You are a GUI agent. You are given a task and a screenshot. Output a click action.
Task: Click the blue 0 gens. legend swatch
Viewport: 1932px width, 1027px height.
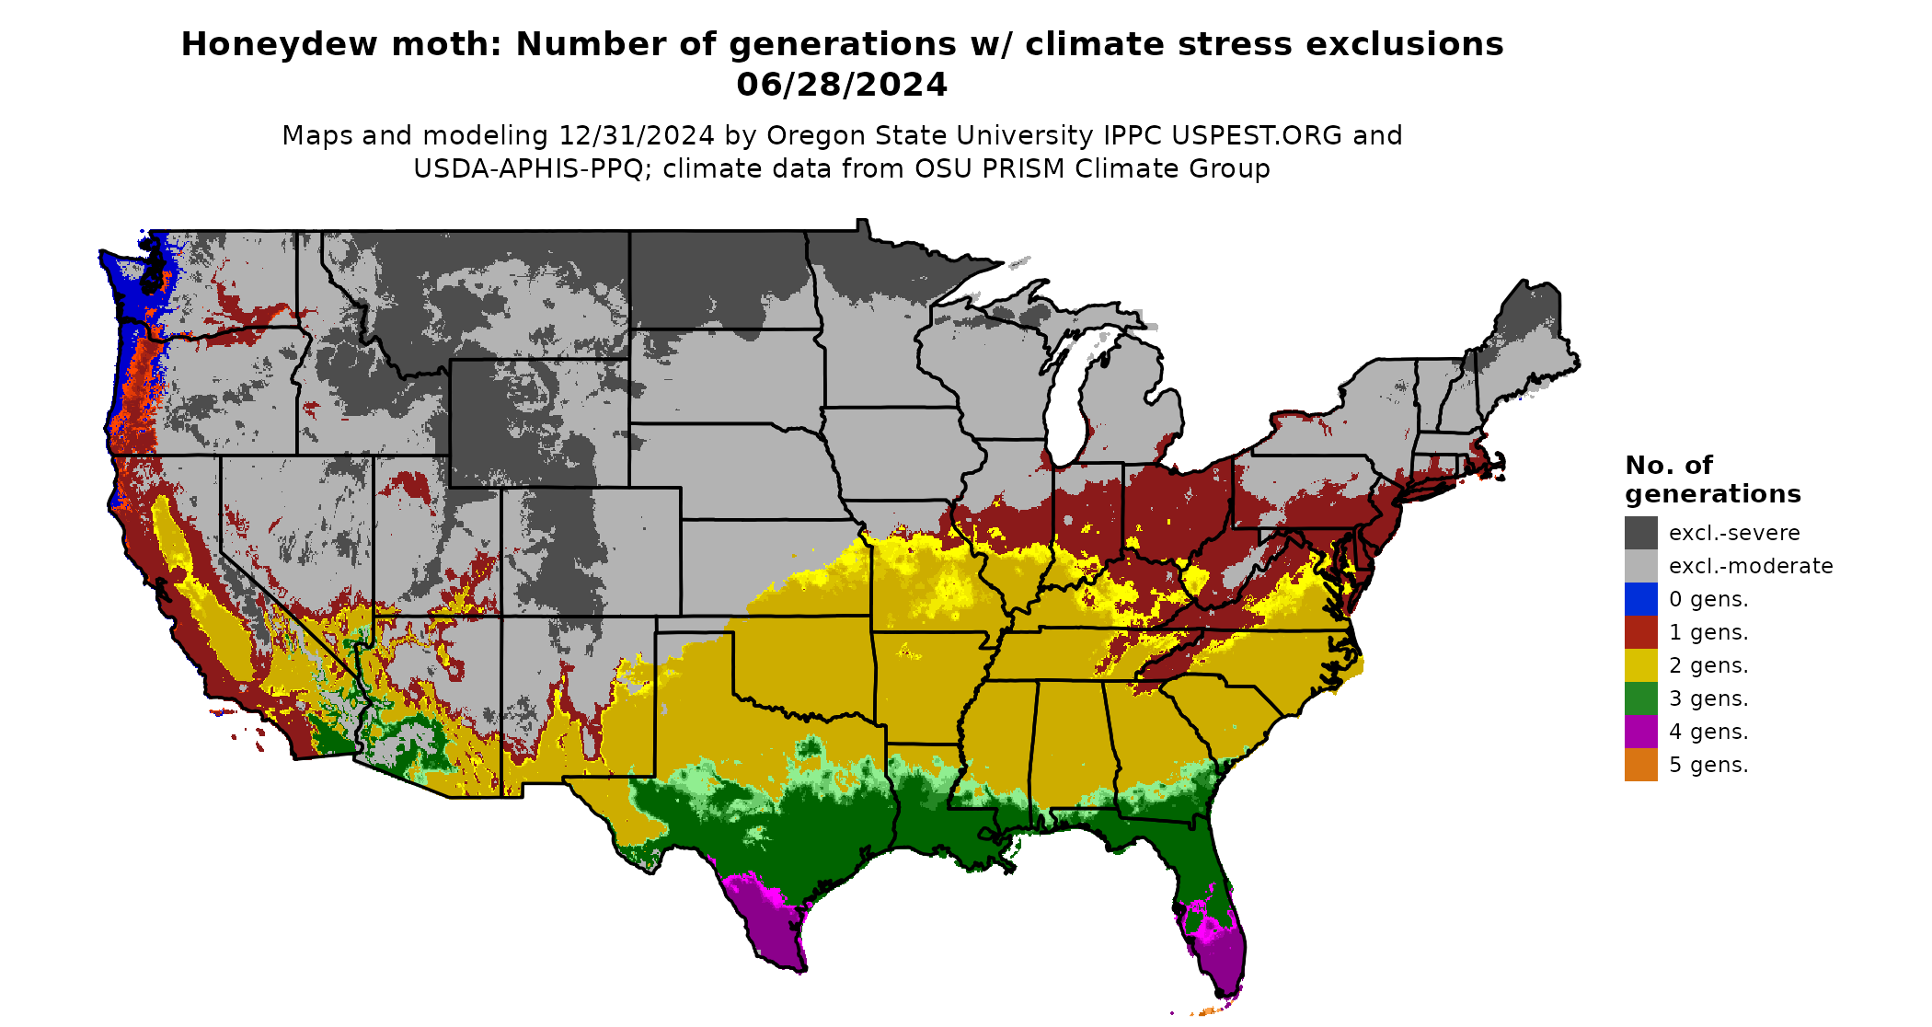click(x=1640, y=599)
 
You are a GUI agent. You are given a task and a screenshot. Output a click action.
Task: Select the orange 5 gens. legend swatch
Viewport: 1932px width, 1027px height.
click(x=1640, y=765)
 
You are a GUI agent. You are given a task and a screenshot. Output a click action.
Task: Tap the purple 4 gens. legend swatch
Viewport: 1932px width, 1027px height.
click(x=1640, y=732)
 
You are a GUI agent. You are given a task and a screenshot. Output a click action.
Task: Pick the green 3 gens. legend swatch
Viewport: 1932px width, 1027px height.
click(x=1640, y=698)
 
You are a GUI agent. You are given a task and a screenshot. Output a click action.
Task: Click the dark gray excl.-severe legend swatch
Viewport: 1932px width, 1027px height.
click(x=1640, y=533)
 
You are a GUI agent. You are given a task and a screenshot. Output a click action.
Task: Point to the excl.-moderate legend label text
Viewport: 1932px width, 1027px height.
click(x=1750, y=566)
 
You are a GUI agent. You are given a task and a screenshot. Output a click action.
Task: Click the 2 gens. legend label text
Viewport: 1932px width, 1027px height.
click(x=1708, y=665)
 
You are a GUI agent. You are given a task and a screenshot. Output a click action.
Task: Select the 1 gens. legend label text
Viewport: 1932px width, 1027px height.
click(x=1708, y=632)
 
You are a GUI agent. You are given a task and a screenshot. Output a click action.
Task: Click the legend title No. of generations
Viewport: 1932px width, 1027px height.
click(x=1711, y=479)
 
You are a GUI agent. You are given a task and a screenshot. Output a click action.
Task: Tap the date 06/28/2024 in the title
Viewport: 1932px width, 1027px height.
click(x=842, y=85)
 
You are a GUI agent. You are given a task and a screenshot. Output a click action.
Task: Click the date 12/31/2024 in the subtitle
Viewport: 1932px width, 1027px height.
click(x=636, y=135)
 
